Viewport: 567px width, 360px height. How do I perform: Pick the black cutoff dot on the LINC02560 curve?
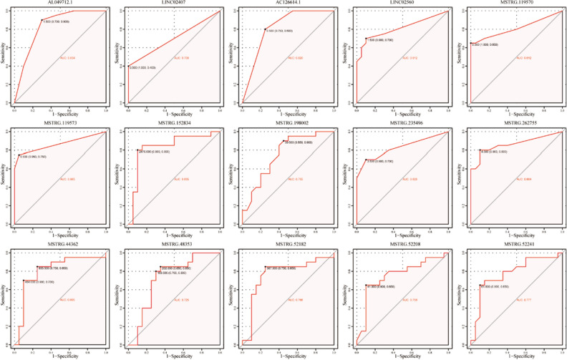[366, 39]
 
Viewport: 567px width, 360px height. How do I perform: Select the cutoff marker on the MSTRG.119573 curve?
[19, 155]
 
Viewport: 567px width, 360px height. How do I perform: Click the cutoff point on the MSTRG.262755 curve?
[480, 150]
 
